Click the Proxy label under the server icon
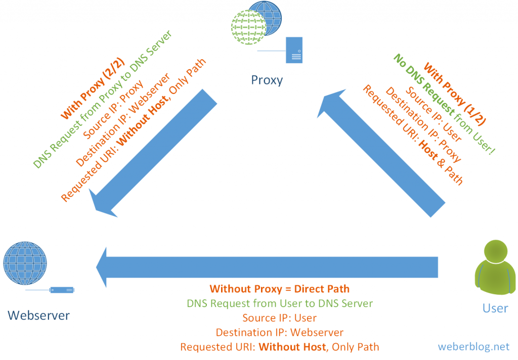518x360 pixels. coord(267,80)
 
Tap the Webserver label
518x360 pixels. coord(38,316)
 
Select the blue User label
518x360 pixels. coord(495,308)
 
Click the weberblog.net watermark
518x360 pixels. coord(473,347)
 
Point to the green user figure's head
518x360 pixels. coord(496,251)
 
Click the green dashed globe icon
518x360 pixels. coord(249,27)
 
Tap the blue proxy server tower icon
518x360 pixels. coord(294,50)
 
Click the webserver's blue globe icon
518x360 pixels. coord(25,263)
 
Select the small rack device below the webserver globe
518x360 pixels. coord(62,290)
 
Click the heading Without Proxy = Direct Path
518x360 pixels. coord(279,289)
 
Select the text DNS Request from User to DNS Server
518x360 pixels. coord(280,303)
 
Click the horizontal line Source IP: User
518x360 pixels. coord(279,318)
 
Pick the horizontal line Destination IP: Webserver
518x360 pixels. coord(279,333)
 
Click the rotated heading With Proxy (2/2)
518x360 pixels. coord(93,88)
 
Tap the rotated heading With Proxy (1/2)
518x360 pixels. coord(455,94)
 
